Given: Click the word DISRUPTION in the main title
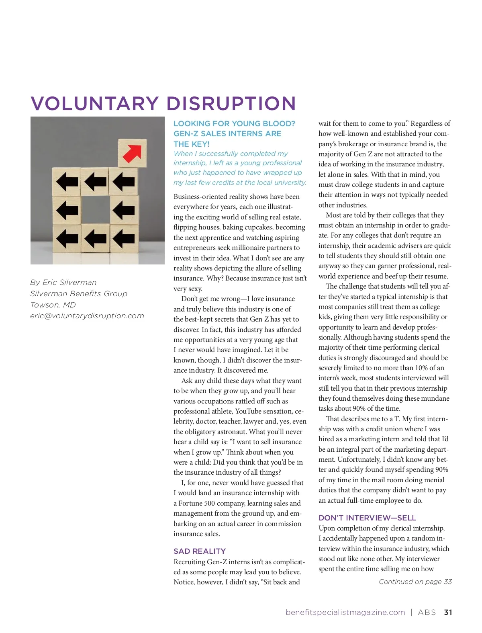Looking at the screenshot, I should [x=231, y=104].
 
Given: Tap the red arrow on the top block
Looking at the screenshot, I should [x=132, y=153].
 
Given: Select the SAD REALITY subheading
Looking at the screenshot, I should [x=200, y=551].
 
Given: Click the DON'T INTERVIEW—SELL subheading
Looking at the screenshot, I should [x=367, y=518].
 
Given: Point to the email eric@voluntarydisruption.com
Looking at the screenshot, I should [x=87, y=316].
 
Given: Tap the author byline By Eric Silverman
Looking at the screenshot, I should [x=63, y=283].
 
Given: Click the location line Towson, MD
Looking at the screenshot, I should [x=53, y=305].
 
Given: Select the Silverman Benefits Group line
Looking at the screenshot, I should [x=79, y=294].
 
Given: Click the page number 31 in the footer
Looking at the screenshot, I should [x=448, y=613].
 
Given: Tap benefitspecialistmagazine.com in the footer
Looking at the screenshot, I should [x=345, y=613].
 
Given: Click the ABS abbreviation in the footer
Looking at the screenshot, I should [x=427, y=613].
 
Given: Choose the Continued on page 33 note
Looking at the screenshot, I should [x=415, y=582].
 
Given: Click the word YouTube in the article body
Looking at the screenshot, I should [x=248, y=411].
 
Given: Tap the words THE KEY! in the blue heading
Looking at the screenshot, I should [x=191, y=144].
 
